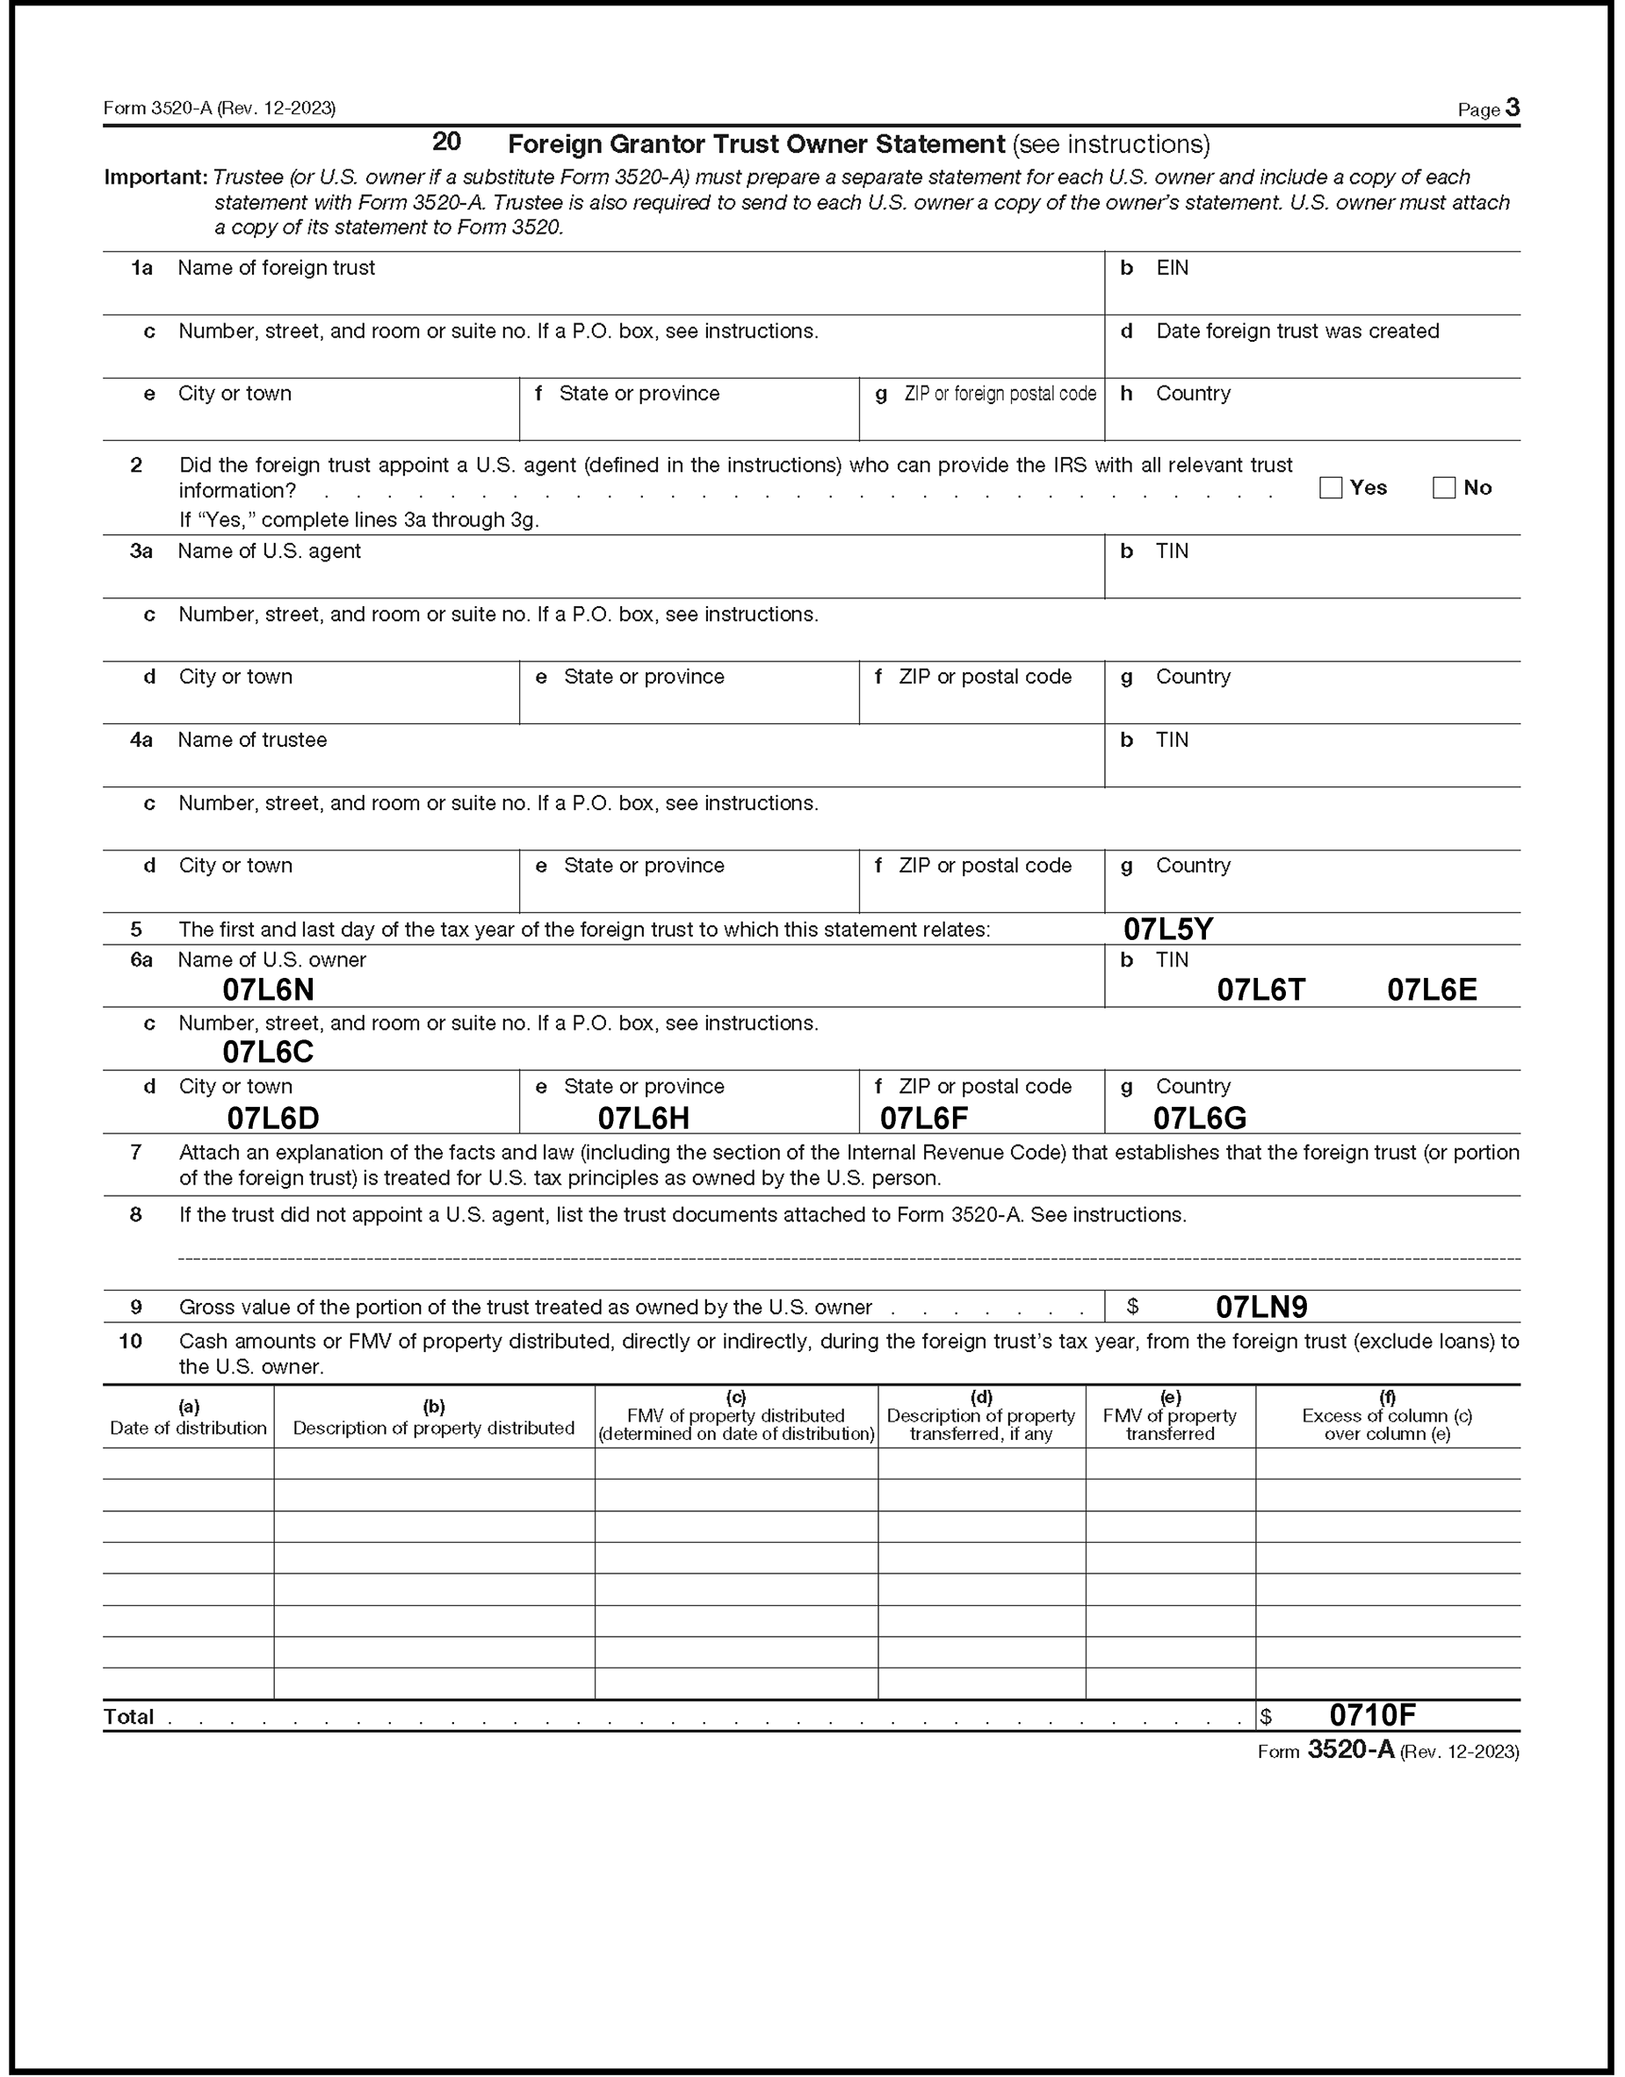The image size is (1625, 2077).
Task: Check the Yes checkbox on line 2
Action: point(1331,488)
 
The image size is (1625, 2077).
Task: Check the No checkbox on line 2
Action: point(1444,488)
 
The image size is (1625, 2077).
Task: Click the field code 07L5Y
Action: point(1168,929)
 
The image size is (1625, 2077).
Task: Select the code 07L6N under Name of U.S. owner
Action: point(268,990)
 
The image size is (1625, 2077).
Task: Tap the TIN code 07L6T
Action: point(1261,990)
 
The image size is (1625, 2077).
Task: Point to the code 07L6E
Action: point(1432,990)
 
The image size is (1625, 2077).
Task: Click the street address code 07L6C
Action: point(268,1053)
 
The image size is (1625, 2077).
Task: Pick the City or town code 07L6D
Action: point(272,1118)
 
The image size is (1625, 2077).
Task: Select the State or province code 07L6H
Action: point(643,1118)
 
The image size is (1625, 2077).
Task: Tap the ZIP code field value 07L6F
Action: point(924,1118)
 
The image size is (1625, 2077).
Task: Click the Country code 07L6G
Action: point(1200,1118)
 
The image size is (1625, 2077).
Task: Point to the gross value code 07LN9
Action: point(1261,1307)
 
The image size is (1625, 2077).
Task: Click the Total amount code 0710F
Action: point(1373,1715)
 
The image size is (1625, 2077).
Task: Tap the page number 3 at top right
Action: point(1513,108)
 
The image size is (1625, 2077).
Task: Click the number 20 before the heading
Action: point(446,141)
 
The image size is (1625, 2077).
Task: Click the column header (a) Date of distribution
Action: point(188,1418)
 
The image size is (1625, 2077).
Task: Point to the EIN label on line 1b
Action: point(1172,268)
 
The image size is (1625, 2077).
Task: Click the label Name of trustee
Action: point(252,741)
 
